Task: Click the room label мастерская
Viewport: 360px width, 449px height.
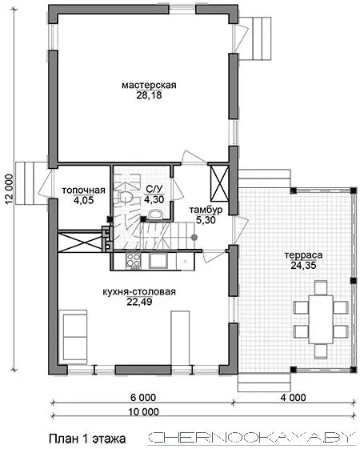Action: pyautogui.click(x=149, y=86)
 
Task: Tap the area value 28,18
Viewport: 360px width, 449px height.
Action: pyautogui.click(x=149, y=95)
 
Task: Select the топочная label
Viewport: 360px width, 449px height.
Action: pyautogui.click(x=83, y=190)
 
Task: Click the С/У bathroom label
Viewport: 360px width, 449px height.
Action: pyautogui.click(x=154, y=189)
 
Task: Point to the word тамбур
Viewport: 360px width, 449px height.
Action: pyautogui.click(x=206, y=210)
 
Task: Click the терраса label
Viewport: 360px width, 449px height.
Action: pyautogui.click(x=303, y=255)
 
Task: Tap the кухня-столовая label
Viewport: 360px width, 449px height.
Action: pyautogui.click(x=139, y=292)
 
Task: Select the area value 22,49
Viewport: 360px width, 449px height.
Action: pyautogui.click(x=139, y=302)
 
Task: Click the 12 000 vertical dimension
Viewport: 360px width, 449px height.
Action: pyautogui.click(x=9, y=189)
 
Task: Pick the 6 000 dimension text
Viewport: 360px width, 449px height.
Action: pyautogui.click(x=143, y=398)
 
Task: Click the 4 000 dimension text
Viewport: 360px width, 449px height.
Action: pyautogui.click(x=293, y=398)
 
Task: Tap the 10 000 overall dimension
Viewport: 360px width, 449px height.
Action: pyautogui.click(x=143, y=411)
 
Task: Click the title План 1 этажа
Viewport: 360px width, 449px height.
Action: pyautogui.click(x=87, y=439)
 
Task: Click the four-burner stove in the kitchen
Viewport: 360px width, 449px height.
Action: pyautogui.click(x=134, y=261)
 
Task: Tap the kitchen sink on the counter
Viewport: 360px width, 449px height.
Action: pyautogui.click(x=158, y=261)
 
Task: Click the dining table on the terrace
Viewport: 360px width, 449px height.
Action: pyautogui.click(x=321, y=319)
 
